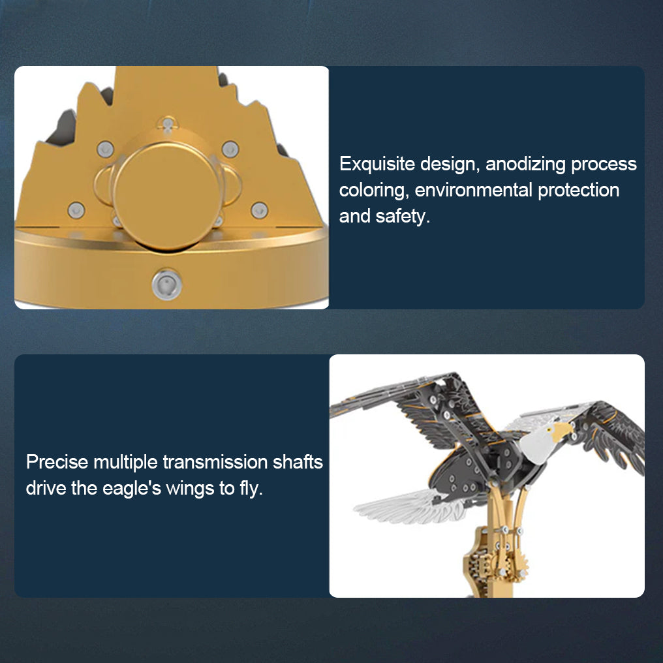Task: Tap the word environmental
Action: click(x=473, y=191)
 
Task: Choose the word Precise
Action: click(x=57, y=463)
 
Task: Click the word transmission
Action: click(x=215, y=463)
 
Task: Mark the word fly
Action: click(x=251, y=488)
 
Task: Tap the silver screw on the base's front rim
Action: click(x=167, y=285)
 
